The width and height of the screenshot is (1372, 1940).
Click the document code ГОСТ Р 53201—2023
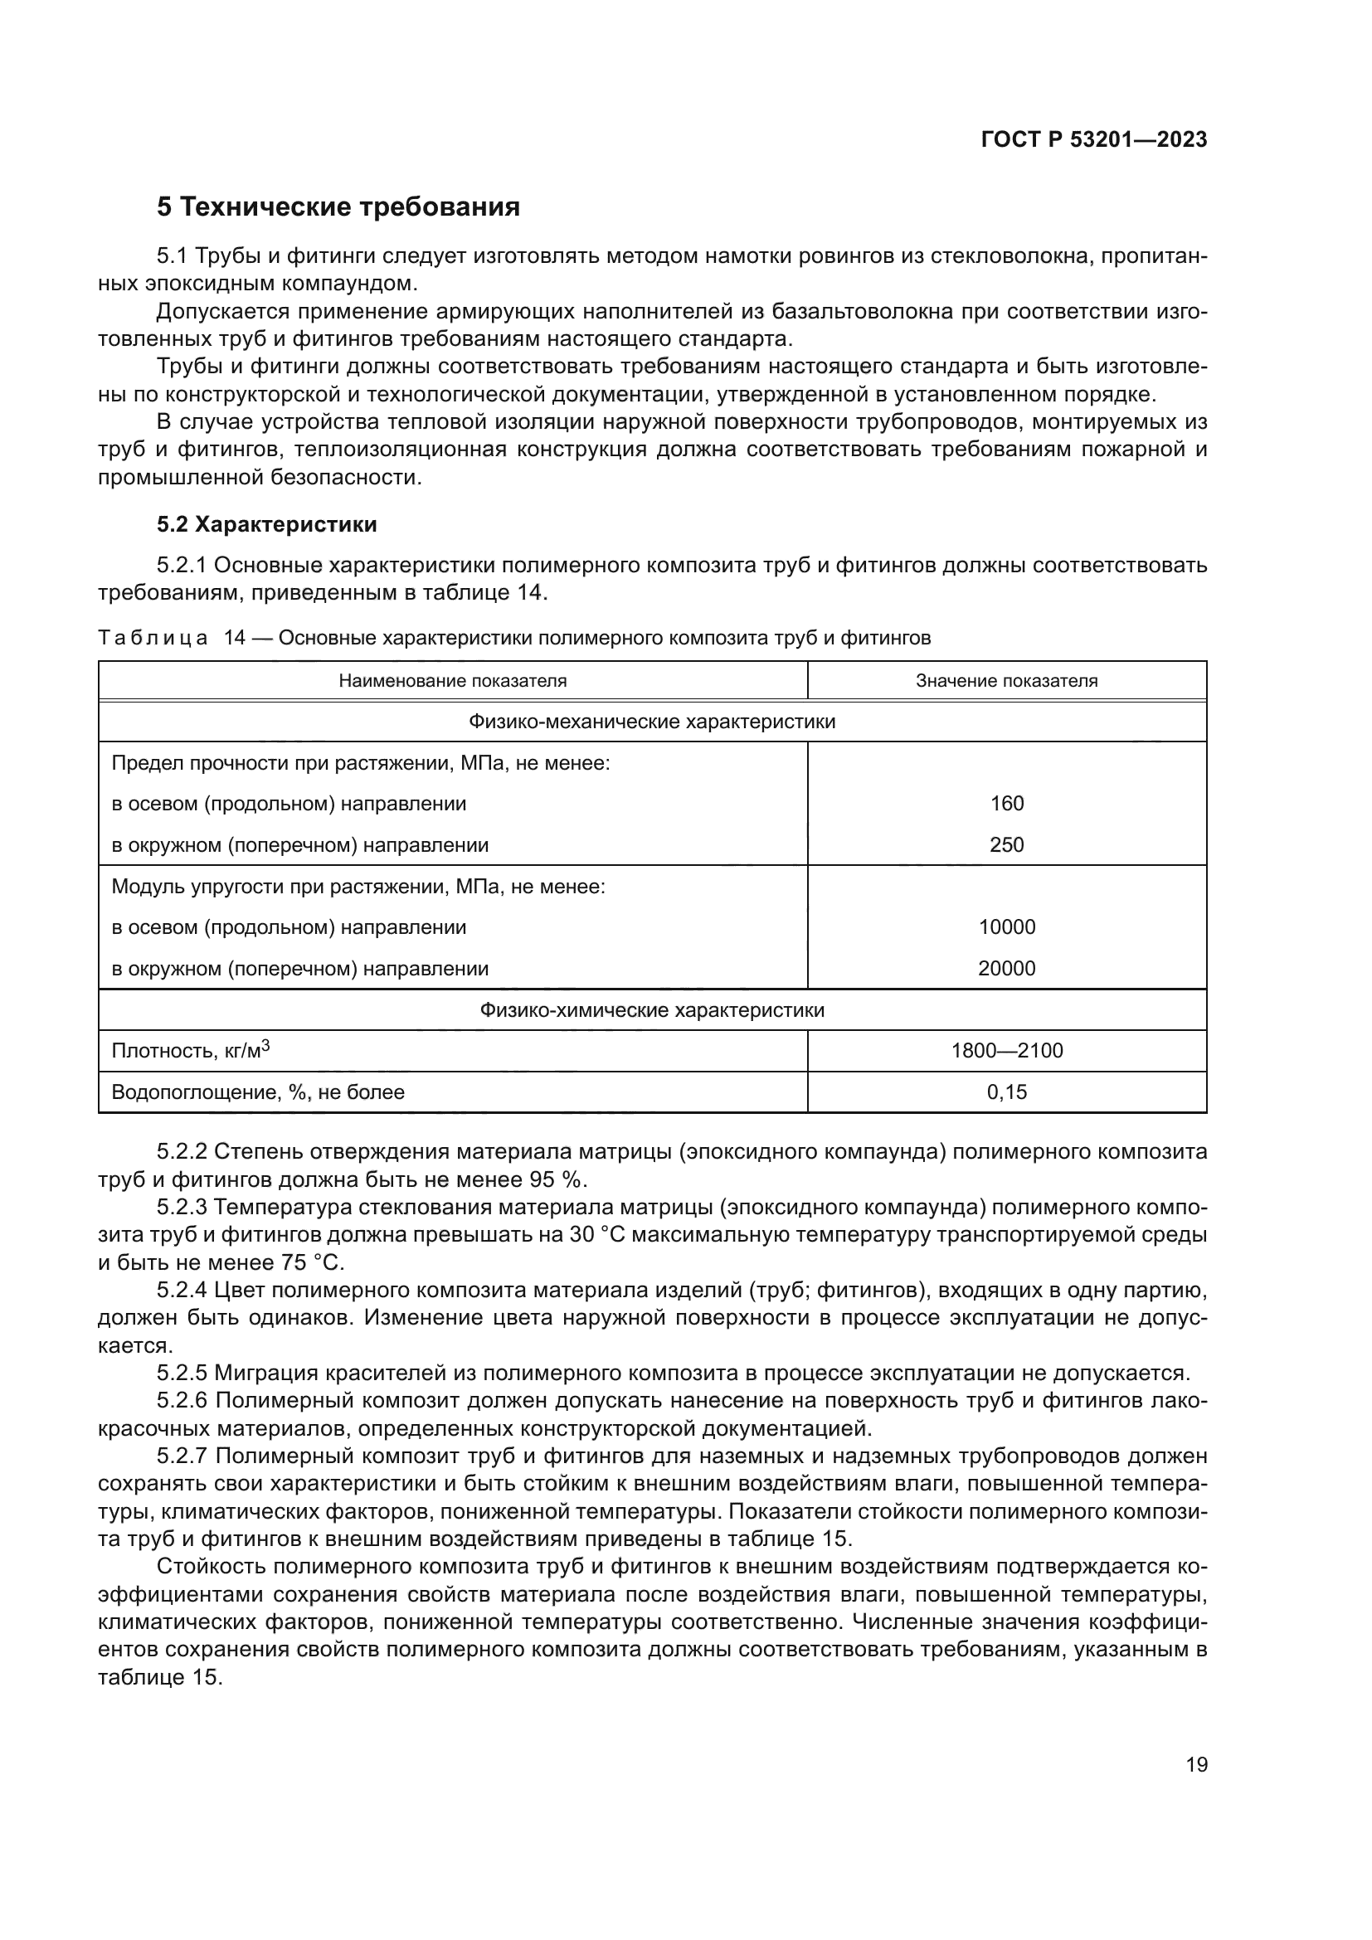[1094, 140]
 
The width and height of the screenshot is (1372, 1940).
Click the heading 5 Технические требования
[338, 207]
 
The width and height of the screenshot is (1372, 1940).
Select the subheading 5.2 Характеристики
[267, 525]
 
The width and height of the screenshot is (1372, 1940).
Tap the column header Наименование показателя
[453, 681]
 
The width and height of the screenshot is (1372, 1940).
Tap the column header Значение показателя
[1006, 681]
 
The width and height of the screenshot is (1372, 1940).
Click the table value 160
[1006, 804]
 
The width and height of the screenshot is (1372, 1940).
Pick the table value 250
[1006, 845]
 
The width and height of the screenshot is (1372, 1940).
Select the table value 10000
[1006, 927]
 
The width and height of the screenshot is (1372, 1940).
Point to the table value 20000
[1006, 968]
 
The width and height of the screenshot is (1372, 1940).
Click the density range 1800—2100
[1006, 1051]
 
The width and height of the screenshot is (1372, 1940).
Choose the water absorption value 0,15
[1006, 1092]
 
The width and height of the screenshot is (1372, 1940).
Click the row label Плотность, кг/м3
[190, 1051]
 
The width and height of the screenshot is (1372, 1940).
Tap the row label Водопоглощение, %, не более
[258, 1092]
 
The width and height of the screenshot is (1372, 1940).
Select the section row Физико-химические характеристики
[651, 1010]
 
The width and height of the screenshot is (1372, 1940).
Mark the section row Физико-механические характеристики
[651, 722]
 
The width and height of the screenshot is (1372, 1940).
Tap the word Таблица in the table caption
[152, 638]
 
